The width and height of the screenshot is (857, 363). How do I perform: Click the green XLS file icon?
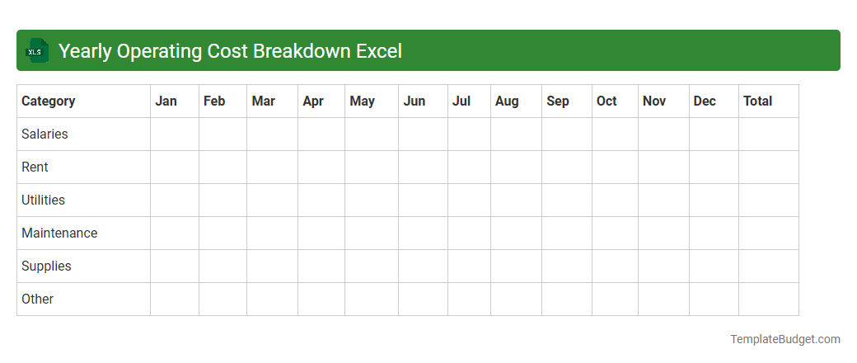[36, 51]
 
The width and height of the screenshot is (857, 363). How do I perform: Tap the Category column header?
[48, 101]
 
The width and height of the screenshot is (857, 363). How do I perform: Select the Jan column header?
[166, 101]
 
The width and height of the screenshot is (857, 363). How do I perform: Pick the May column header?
[362, 101]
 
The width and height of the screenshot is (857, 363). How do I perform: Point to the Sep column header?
[557, 101]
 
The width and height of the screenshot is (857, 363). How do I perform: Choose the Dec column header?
[705, 101]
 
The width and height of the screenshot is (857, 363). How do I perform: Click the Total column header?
[757, 101]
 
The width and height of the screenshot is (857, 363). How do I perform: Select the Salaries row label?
[44, 134]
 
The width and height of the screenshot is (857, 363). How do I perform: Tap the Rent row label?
[35, 167]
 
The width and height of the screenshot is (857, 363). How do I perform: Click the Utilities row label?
[43, 200]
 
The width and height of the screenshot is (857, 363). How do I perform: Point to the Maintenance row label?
[59, 233]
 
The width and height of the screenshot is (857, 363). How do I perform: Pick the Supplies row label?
[46, 266]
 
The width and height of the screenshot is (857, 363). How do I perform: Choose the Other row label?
[37, 299]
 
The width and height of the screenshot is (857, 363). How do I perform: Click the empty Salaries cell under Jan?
[175, 134]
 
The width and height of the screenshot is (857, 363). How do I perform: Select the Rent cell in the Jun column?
[423, 167]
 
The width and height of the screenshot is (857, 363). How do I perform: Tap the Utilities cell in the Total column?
[768, 200]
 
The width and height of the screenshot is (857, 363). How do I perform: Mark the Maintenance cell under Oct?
[615, 233]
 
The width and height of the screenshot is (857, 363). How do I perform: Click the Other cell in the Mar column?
[272, 299]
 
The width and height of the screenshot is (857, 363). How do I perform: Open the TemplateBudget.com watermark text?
[784, 339]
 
